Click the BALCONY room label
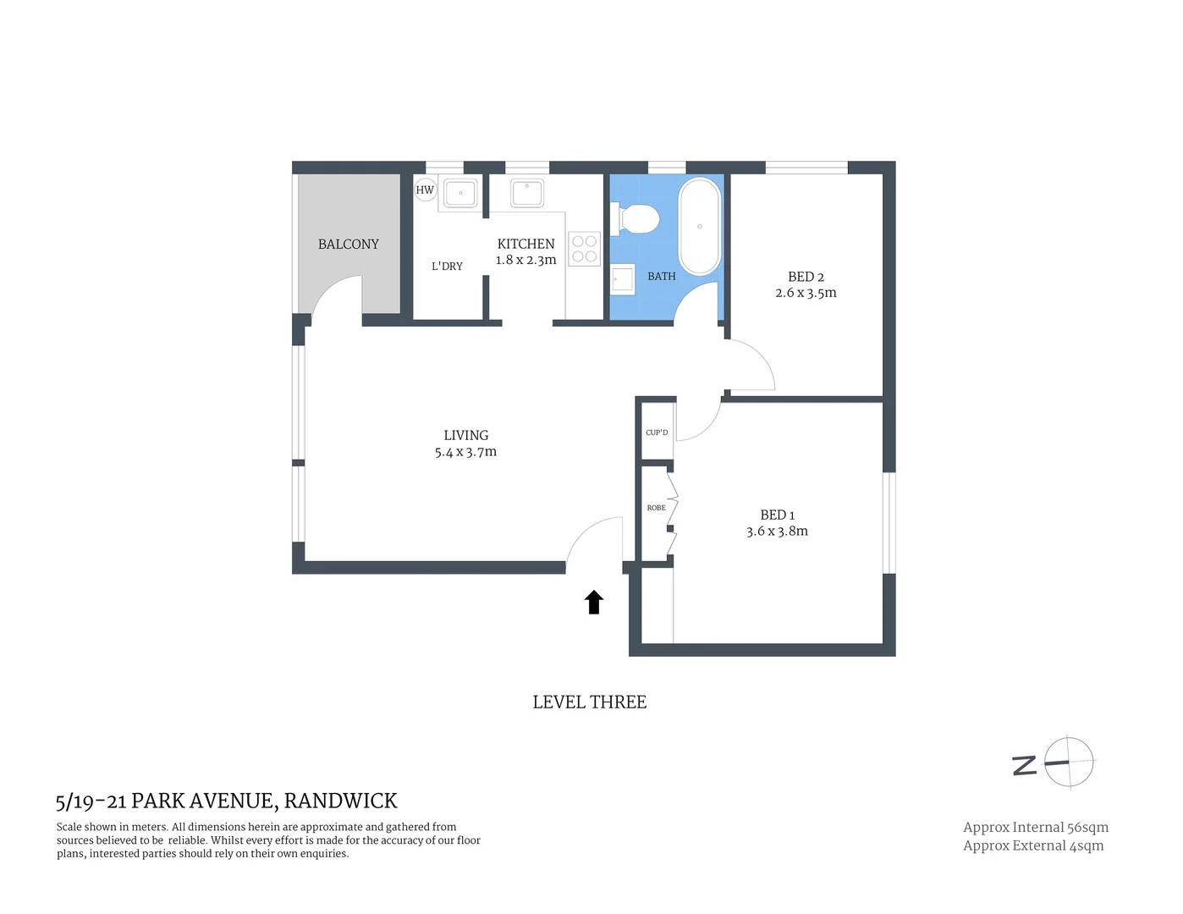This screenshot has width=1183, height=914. pos(348,245)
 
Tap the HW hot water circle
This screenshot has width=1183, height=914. pos(425,190)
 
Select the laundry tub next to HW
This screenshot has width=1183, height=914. pos(460,194)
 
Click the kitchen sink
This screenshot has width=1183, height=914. pos(527,193)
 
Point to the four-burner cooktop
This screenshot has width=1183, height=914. pos(584,249)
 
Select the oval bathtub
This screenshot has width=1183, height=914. pos(700,226)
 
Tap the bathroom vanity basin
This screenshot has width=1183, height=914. pos(623,278)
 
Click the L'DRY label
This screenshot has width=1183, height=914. pos(447,267)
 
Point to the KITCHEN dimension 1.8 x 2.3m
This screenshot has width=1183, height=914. pos(525,261)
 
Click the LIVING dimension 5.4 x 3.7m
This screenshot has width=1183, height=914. pos(465,453)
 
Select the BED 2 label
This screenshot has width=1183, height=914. pos(806,277)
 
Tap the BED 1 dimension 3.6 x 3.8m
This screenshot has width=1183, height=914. pos(777,531)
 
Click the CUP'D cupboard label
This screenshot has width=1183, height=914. pos(657,432)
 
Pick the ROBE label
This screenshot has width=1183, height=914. pos(656,508)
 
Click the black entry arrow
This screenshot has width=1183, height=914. pos(594,602)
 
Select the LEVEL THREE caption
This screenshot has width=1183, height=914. pos(589,702)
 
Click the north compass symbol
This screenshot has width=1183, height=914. pos(1068,763)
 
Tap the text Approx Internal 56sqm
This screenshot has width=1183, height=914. pos(1035,828)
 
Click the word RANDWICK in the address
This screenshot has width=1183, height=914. pos(340,801)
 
